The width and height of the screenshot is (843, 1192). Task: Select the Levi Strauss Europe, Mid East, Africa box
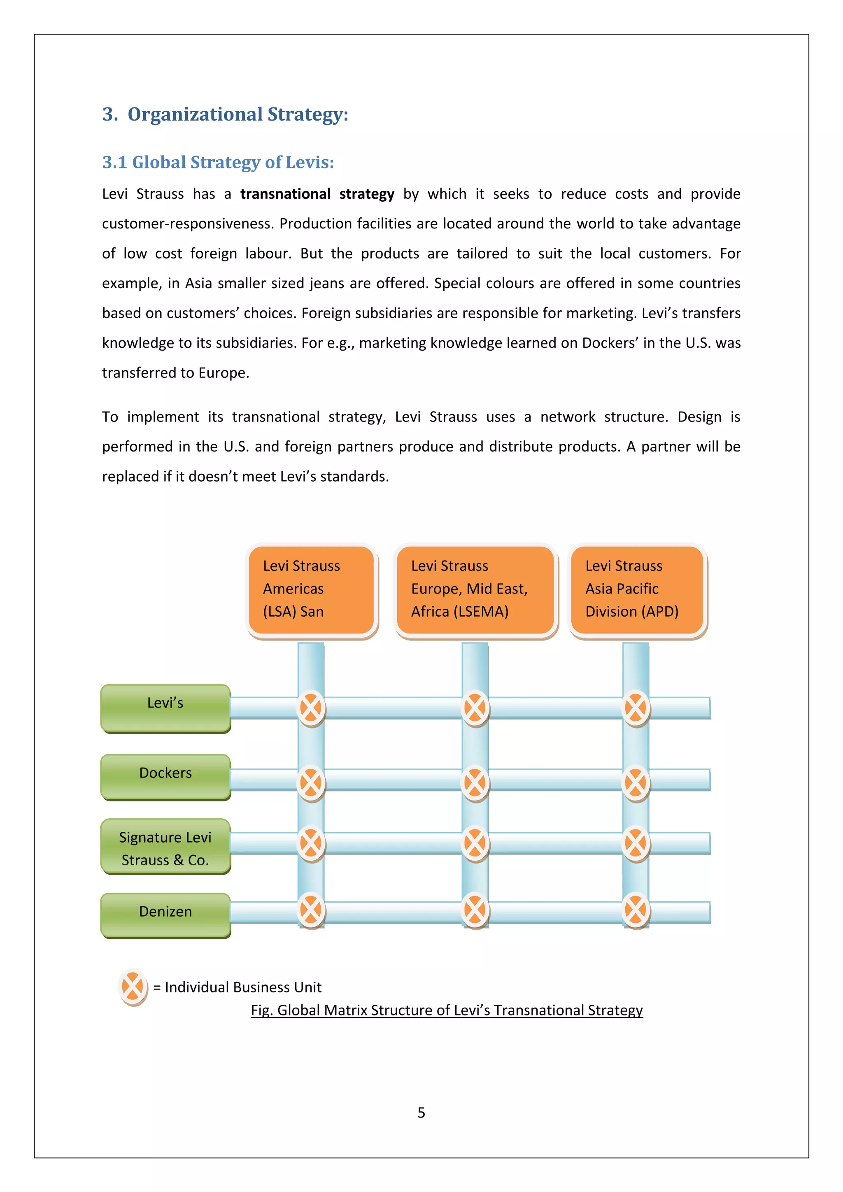(x=475, y=589)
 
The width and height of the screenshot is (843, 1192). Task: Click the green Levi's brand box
(x=165, y=708)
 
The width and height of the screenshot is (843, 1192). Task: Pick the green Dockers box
(x=165, y=777)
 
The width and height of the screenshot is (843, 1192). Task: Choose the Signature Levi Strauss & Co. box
(x=165, y=846)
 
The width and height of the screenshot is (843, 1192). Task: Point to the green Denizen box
(x=165, y=915)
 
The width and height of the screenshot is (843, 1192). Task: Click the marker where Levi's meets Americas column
(x=311, y=708)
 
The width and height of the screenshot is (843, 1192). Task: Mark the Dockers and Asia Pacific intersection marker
(x=636, y=783)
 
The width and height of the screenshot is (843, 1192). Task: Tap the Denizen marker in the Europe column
(x=475, y=910)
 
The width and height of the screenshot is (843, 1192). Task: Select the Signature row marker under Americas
(x=311, y=843)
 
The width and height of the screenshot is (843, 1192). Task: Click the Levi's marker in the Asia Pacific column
(x=636, y=708)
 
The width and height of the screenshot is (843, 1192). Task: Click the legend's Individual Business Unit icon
(x=133, y=986)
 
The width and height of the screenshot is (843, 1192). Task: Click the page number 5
(x=421, y=1113)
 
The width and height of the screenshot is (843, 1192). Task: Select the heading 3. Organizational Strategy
(x=225, y=114)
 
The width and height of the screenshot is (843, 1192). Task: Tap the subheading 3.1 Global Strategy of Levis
(x=218, y=163)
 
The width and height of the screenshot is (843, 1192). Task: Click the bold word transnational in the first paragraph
(x=285, y=194)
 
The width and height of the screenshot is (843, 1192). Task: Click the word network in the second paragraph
(x=567, y=417)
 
